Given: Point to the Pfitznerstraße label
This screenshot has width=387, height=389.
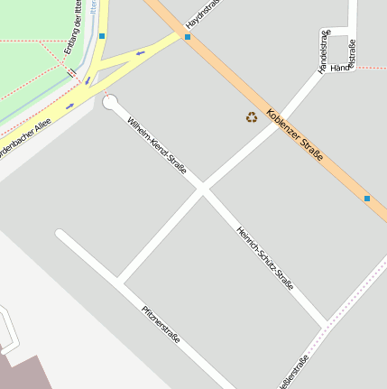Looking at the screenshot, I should [x=161, y=325].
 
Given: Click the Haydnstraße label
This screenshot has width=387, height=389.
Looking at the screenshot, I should [x=203, y=13].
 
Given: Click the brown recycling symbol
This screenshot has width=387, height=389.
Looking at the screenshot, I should [x=251, y=116].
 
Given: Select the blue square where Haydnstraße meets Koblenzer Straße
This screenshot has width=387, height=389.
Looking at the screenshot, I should [x=188, y=37].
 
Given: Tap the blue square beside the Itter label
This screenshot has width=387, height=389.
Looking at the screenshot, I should [x=102, y=36].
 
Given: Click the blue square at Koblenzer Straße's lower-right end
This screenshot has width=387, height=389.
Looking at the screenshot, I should [x=367, y=198].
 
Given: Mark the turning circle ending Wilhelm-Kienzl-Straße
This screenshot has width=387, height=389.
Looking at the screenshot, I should [x=110, y=102].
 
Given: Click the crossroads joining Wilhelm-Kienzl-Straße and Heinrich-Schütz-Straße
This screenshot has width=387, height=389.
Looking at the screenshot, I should [x=203, y=189].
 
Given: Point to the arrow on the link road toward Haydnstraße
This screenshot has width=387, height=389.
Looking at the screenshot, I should [x=140, y=54].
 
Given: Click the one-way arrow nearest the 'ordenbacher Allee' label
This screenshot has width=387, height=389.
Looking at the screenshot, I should [x=69, y=106].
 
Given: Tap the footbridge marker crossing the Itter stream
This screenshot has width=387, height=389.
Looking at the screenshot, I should [x=70, y=70].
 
